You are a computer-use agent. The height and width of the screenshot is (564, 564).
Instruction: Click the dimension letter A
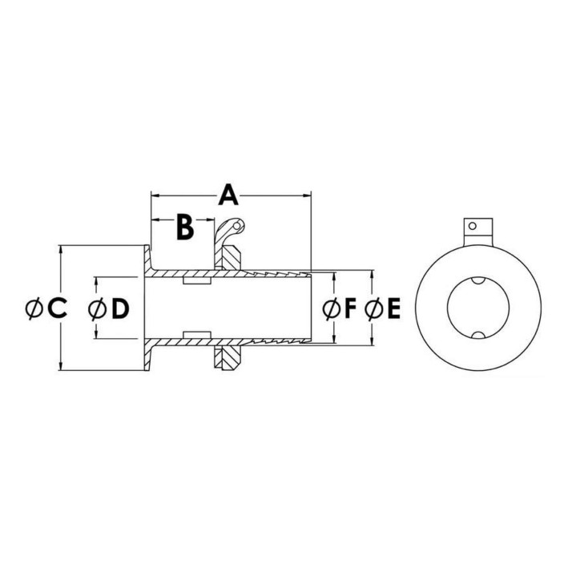coord(228,195)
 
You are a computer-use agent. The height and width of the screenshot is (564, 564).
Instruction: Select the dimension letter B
coord(185,227)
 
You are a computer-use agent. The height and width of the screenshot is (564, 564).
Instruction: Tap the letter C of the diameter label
coord(57,308)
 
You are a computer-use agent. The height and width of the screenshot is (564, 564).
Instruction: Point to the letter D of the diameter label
coord(120,309)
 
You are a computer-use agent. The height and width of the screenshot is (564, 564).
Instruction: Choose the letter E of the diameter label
coord(393,308)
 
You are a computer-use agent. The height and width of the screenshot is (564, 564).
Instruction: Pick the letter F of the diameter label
coord(350,308)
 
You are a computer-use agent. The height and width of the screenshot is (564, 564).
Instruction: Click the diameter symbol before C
coord(34,308)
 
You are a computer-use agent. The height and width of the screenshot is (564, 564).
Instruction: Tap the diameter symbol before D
coord(98,309)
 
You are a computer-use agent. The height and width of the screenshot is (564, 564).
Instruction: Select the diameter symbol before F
coord(332,308)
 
